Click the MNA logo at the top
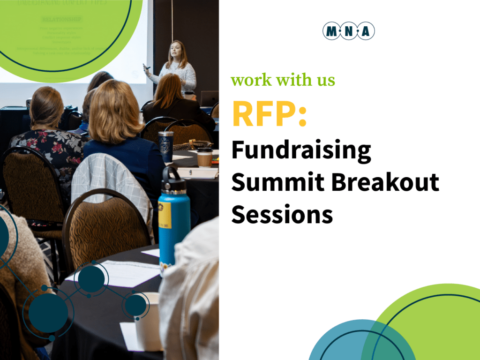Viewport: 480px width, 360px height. click(348, 31)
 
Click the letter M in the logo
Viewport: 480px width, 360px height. click(331, 31)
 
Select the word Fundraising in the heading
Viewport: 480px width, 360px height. click(301, 152)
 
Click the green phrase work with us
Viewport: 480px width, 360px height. click(283, 80)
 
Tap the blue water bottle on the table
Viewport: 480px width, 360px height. click(174, 220)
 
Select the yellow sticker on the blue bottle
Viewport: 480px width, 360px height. click(165, 214)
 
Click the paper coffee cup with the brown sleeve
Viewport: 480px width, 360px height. click(204, 157)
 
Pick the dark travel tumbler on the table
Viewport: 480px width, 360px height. click(165, 146)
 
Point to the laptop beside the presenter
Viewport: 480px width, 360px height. click(209, 98)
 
